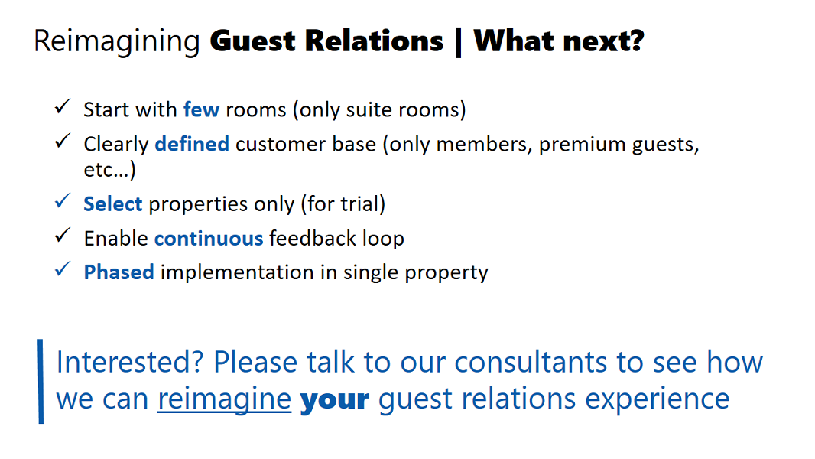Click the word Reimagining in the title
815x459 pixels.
117,41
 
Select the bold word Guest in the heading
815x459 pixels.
252,41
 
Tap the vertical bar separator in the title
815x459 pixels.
459,42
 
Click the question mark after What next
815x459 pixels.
636,41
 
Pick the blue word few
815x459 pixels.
202,109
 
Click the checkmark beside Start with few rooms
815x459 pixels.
63,106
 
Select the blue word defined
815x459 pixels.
193,144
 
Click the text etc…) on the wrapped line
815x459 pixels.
109,170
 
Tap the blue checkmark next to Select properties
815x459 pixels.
63,200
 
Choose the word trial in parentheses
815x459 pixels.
360,203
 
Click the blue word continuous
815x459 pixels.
209,239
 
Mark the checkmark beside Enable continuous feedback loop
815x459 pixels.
63,235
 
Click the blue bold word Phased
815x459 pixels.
119,272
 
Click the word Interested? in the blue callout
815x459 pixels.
129,362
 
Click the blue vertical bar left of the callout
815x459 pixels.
41,382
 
